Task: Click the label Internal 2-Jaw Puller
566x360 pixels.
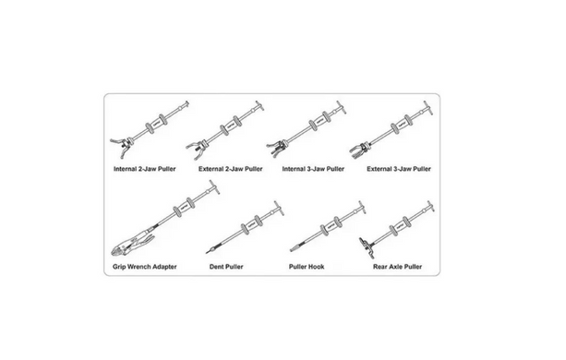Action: click(144, 169)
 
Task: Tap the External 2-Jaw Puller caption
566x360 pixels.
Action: click(230, 169)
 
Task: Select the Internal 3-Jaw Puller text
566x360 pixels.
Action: click(313, 169)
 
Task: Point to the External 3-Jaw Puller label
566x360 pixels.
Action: click(399, 169)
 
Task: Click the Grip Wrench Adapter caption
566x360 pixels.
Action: click(144, 267)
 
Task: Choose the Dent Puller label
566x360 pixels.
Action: click(226, 267)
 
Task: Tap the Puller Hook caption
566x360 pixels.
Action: click(307, 267)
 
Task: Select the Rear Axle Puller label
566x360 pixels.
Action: click(397, 267)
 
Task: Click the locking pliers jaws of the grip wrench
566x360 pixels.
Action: click(123, 249)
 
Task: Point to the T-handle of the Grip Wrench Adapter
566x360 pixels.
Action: click(213, 187)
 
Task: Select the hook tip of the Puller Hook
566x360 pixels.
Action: click(294, 248)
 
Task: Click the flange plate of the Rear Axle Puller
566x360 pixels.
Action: click(366, 247)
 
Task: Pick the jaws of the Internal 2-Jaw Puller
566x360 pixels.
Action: click(122, 146)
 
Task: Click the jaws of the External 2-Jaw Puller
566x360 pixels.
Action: click(197, 150)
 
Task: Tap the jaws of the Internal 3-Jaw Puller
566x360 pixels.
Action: click(277, 148)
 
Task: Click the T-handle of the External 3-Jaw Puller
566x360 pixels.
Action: click(428, 108)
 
